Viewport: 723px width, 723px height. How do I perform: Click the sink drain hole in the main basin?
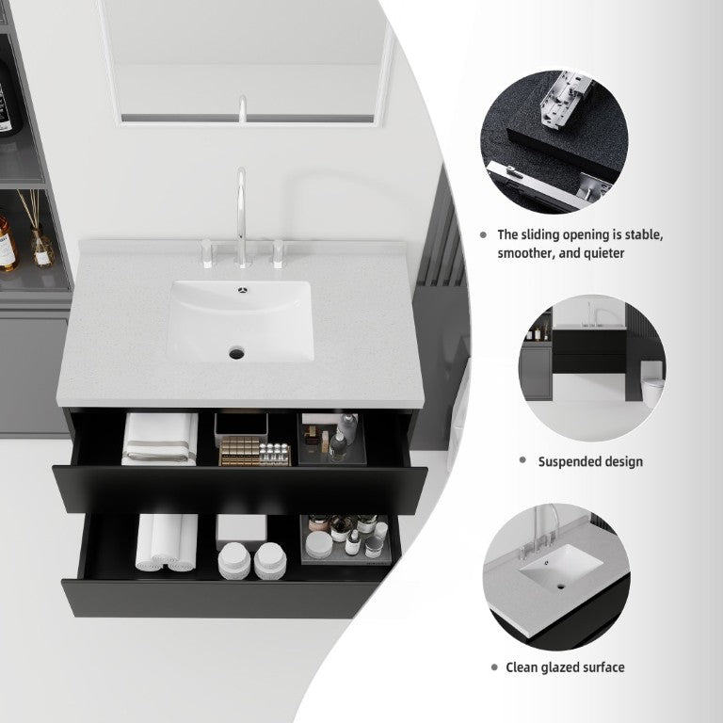[236, 354]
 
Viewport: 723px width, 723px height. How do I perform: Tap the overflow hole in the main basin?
[243, 290]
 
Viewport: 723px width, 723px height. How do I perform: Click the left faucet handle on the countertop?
[207, 253]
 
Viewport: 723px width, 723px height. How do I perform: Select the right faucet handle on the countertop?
[278, 253]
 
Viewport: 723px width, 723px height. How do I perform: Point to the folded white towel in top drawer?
[159, 439]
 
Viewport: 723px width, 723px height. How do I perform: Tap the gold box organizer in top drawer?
[254, 452]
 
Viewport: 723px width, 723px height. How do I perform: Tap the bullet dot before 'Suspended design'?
[522, 459]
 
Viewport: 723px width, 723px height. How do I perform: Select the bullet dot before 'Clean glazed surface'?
[494, 667]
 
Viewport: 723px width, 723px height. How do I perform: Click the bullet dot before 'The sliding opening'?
[483, 234]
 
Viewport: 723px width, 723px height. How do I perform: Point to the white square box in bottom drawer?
[241, 526]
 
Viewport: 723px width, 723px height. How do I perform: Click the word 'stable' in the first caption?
[644, 234]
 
